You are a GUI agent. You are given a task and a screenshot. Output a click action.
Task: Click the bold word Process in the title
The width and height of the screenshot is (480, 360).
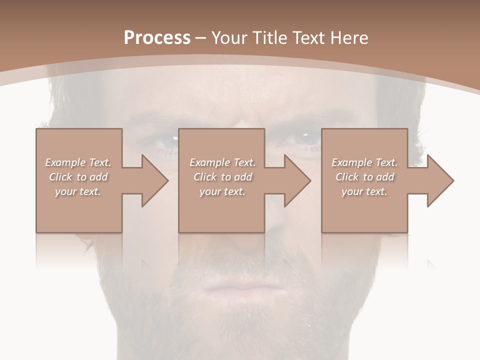[x=157, y=38]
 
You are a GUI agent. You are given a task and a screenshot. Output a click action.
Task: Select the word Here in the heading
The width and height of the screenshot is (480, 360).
[x=349, y=38]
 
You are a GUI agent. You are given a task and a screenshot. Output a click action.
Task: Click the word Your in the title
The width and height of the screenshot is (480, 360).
[x=228, y=38]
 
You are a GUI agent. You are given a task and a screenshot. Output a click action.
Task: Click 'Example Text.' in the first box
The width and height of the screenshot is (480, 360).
[x=78, y=162]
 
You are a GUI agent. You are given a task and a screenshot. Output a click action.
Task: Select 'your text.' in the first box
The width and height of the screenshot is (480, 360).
[x=78, y=191]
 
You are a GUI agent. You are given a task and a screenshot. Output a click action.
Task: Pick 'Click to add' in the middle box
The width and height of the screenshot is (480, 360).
[x=222, y=177]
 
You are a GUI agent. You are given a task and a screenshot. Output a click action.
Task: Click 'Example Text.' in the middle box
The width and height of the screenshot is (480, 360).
[x=222, y=162]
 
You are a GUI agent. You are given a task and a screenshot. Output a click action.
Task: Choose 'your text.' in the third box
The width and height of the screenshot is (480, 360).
[x=364, y=191]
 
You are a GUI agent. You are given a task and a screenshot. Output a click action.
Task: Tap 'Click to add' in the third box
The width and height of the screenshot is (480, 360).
[x=364, y=177]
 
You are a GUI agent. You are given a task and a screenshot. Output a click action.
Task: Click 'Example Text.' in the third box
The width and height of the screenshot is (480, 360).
[x=364, y=162]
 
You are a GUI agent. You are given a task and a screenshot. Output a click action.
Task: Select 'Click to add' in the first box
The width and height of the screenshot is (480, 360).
[x=78, y=177]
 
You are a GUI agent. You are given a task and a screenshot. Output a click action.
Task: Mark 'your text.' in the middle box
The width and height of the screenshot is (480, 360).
[x=222, y=191]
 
